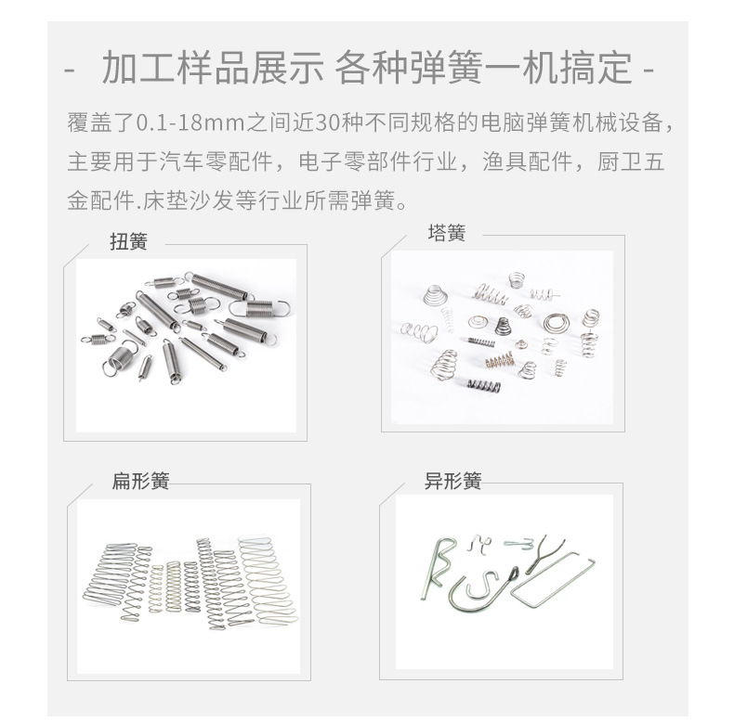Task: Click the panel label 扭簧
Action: (129, 242)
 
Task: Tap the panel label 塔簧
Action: (447, 233)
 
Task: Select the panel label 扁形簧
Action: (140, 481)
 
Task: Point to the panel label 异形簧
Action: (453, 481)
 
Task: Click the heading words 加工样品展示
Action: (213, 68)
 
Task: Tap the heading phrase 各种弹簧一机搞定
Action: (484, 68)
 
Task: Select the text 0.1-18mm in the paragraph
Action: (191, 123)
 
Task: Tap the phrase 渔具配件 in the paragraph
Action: (528, 161)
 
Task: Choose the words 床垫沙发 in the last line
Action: (189, 200)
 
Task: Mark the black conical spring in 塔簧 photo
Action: (503, 326)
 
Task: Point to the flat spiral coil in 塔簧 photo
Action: (557, 323)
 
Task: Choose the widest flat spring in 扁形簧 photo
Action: (268, 580)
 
